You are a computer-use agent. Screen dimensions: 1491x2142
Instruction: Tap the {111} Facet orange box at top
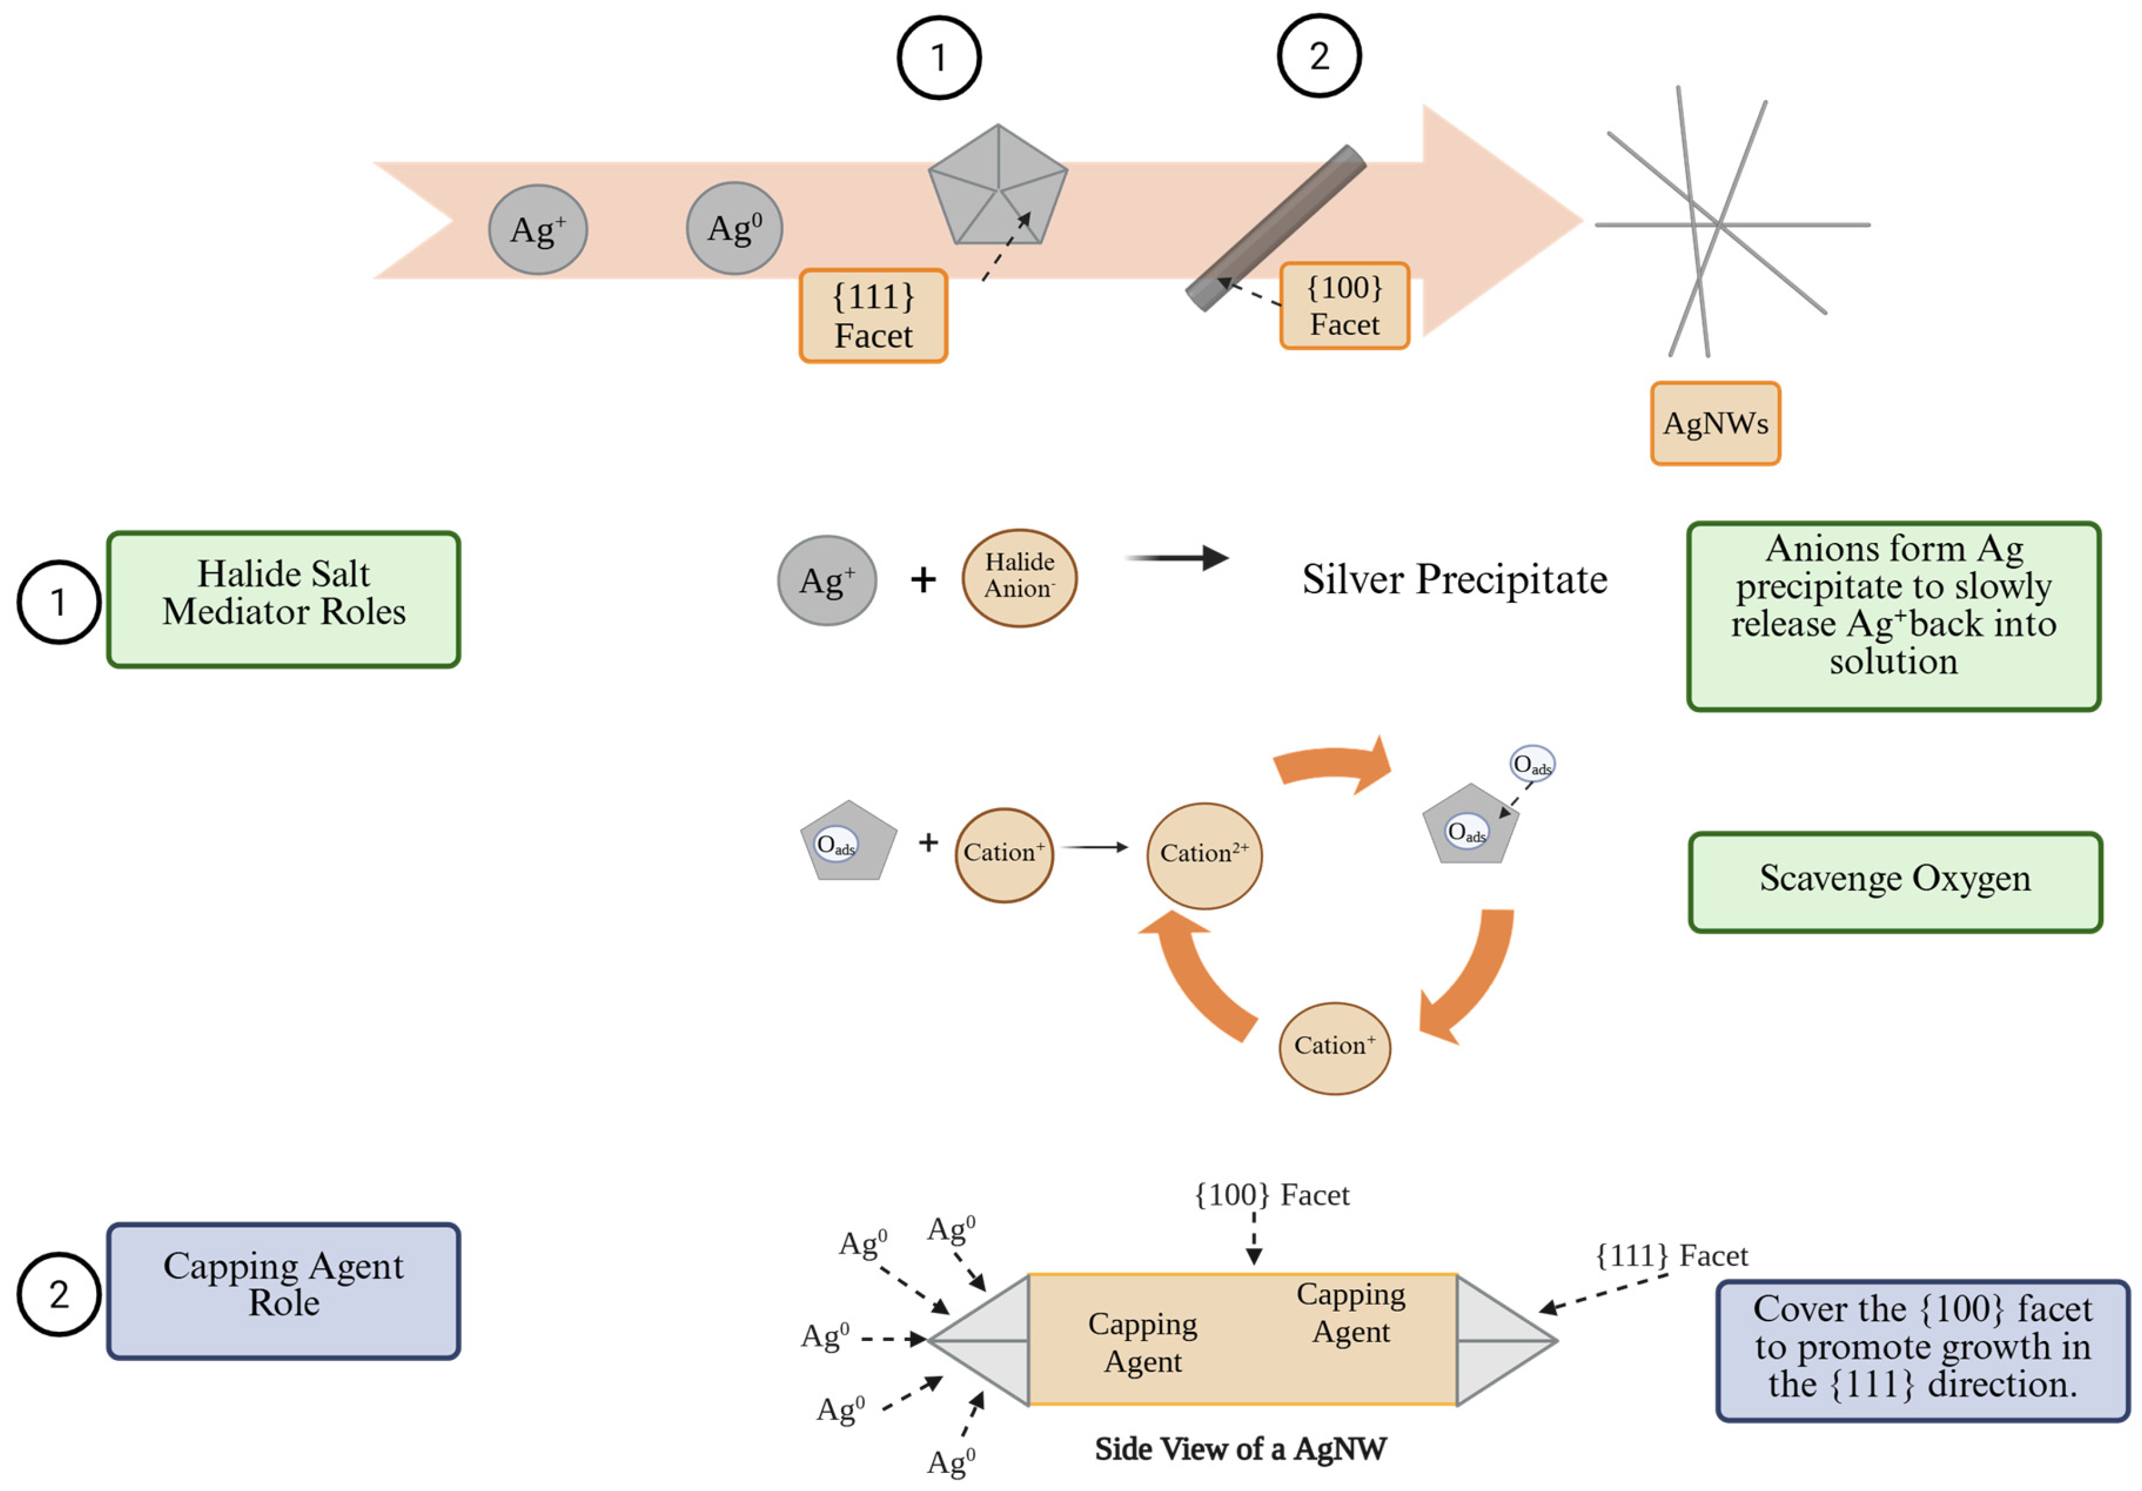tap(873, 315)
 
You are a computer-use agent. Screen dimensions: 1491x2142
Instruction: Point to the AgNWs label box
tap(1715, 424)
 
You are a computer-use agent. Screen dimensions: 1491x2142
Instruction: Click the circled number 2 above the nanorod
tap(1318, 56)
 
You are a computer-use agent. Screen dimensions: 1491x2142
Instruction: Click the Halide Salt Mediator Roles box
tap(284, 599)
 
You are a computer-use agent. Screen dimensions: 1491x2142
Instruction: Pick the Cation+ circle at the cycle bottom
tap(1334, 1047)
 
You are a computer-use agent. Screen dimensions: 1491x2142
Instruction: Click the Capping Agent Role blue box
tap(284, 1290)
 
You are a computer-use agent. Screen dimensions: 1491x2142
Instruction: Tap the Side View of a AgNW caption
tap(1240, 1448)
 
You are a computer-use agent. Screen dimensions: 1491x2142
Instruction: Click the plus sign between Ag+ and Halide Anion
tap(922, 580)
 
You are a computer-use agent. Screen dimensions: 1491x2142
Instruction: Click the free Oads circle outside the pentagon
tap(1532, 764)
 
